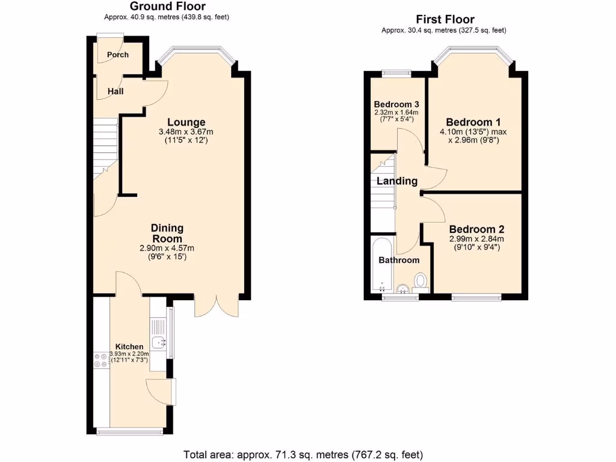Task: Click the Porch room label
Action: [118, 55]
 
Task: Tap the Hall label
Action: [115, 91]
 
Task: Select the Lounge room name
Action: [186, 122]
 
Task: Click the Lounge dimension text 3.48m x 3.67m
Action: [186, 132]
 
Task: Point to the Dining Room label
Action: [167, 233]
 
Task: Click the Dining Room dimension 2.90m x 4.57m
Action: [167, 248]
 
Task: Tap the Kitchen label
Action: [129, 346]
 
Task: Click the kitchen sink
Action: [160, 343]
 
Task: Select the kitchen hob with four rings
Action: [100, 359]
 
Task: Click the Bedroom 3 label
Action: [396, 104]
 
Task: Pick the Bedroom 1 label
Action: [474, 120]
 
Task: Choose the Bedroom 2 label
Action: [476, 229]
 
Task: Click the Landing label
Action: [397, 181]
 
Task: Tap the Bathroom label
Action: [399, 260]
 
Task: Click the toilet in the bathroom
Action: [421, 281]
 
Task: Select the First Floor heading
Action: [445, 20]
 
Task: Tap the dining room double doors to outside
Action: [217, 307]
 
